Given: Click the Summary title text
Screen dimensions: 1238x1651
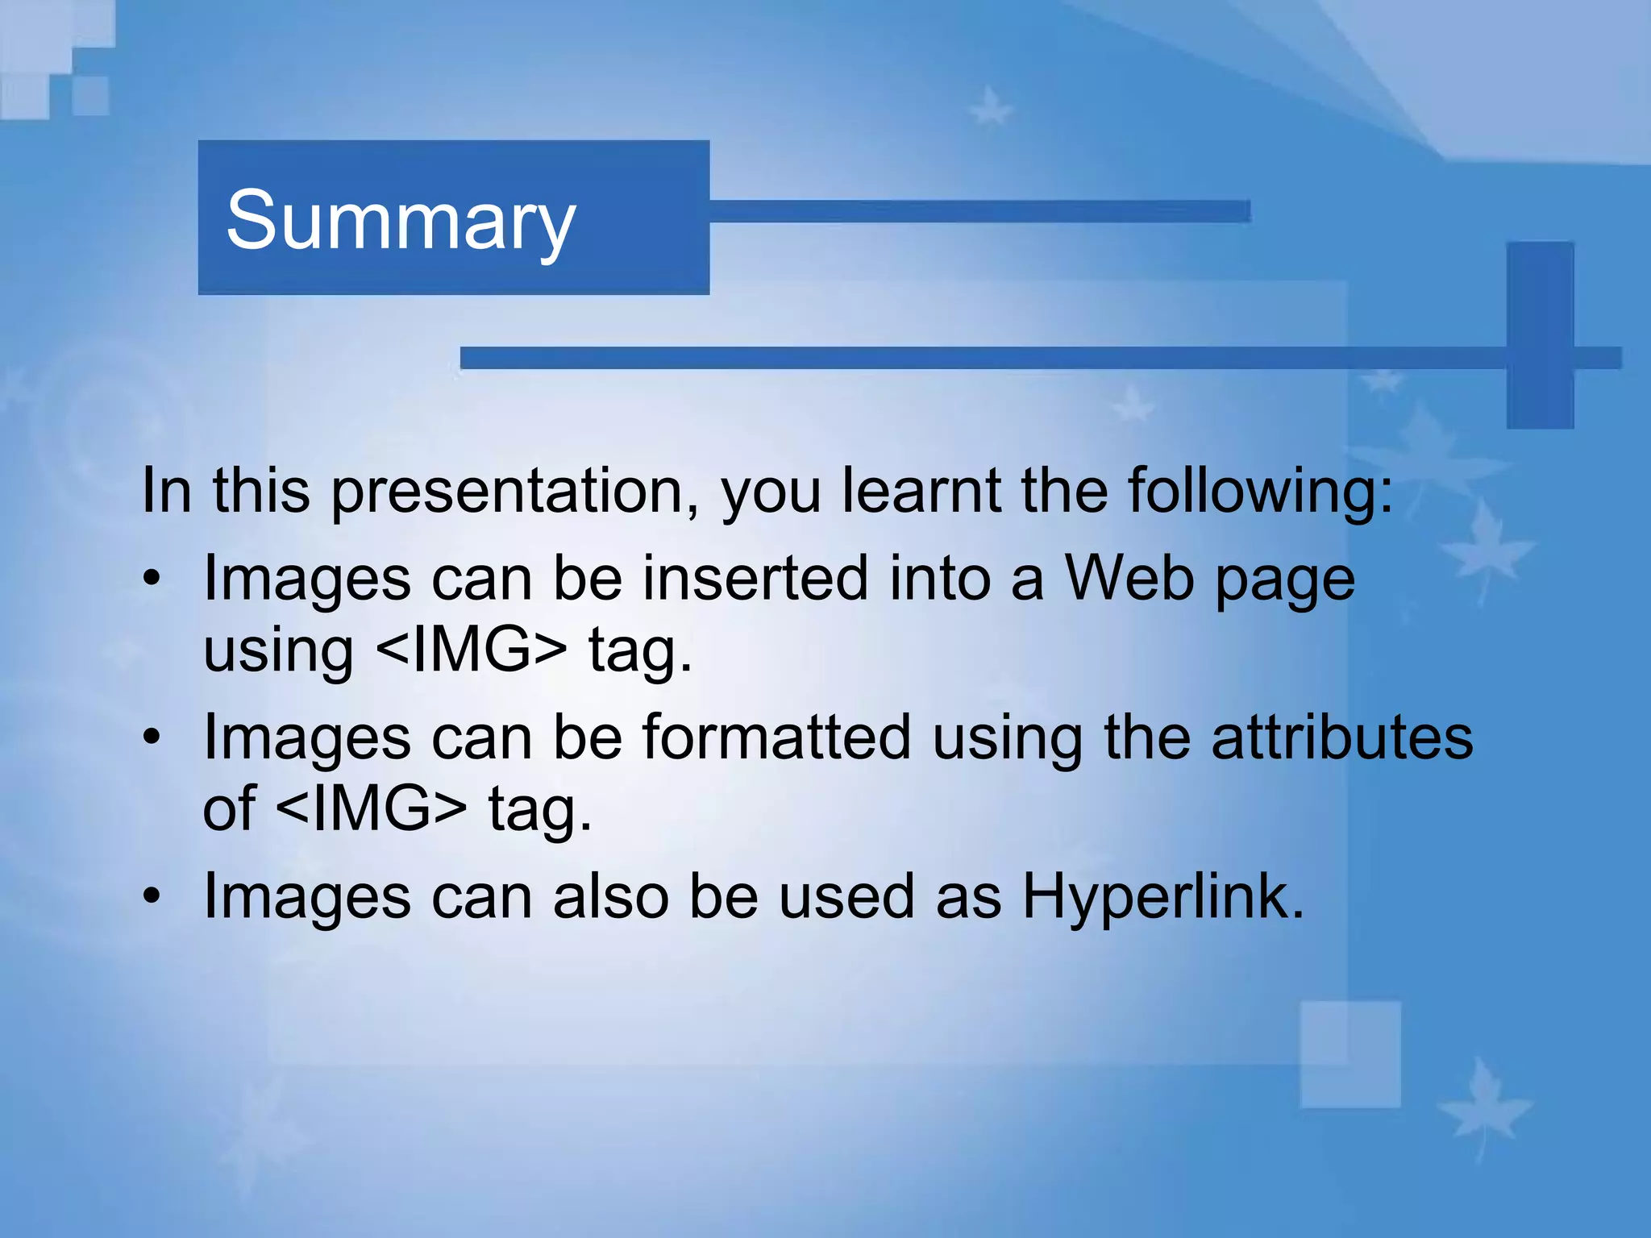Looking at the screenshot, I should tap(401, 220).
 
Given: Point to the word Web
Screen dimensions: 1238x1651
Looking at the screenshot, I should tap(1129, 578).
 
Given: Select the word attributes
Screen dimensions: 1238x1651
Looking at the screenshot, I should tap(1341, 737).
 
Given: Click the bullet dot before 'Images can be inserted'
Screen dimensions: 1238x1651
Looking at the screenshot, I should tap(152, 579).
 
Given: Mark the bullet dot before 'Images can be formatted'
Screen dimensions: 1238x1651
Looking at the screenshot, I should tap(152, 737).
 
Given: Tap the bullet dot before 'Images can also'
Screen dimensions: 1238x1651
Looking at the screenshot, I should tap(152, 897).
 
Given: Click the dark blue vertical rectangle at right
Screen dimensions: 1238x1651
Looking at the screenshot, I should tap(1540, 334).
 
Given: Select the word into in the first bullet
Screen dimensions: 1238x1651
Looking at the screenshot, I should tap(939, 578).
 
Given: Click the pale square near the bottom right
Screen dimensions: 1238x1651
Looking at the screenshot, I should tap(1349, 1054).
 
